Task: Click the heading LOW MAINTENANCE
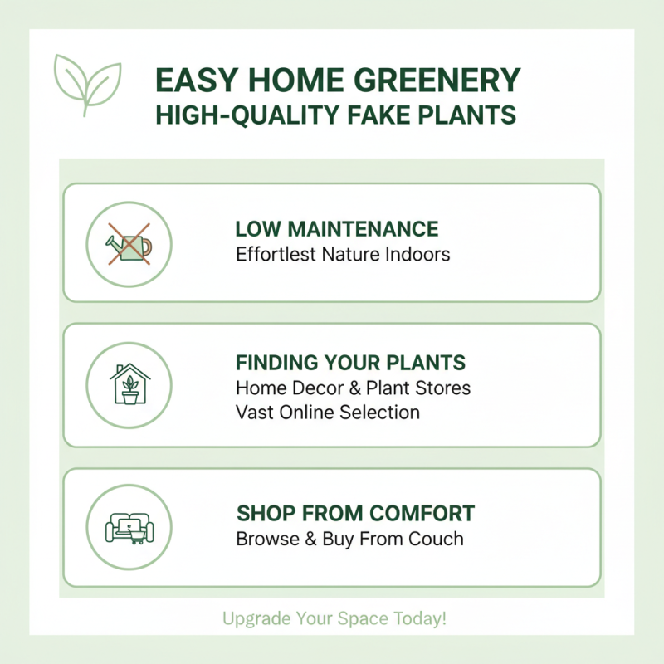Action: pos(337,228)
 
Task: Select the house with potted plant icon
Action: pos(129,384)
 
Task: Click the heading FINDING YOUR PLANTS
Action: pos(350,363)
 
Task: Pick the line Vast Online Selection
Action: pos(328,412)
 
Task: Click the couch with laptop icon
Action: pos(129,527)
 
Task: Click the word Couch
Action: pos(435,539)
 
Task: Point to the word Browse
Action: pos(266,539)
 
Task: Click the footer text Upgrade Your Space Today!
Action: pos(334,618)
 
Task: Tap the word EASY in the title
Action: pos(193,81)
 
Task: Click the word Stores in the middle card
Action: pos(442,388)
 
